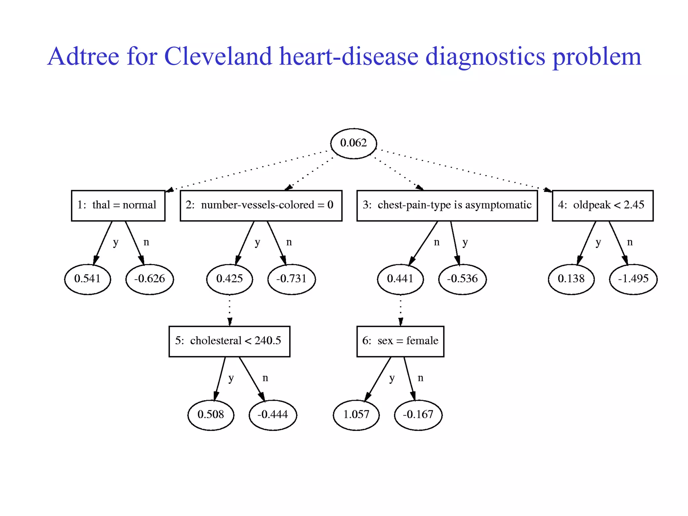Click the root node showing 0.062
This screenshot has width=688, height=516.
(353, 143)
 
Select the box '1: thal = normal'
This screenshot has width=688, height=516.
(118, 206)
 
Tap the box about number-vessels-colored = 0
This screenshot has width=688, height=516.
(261, 206)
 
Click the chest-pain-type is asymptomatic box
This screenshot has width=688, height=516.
(447, 206)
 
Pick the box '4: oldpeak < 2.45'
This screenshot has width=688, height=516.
(602, 206)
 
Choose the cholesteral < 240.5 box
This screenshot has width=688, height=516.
(229, 341)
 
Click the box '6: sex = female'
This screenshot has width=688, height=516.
(400, 341)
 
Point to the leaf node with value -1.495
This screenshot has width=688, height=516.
(633, 279)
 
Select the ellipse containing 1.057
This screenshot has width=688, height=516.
(356, 415)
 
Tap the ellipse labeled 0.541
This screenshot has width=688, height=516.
(87, 279)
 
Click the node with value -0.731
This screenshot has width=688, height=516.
(291, 279)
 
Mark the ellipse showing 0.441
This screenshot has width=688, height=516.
(400, 279)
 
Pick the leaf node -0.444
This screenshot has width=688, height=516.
(273, 415)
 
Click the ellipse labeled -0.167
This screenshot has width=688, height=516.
(418, 415)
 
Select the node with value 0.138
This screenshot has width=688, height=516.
(571, 279)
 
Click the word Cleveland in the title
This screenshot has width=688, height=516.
(218, 56)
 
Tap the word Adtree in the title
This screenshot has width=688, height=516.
(83, 56)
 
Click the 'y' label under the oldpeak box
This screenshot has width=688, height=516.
(598, 242)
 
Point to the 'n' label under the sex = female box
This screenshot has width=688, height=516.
(420, 378)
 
